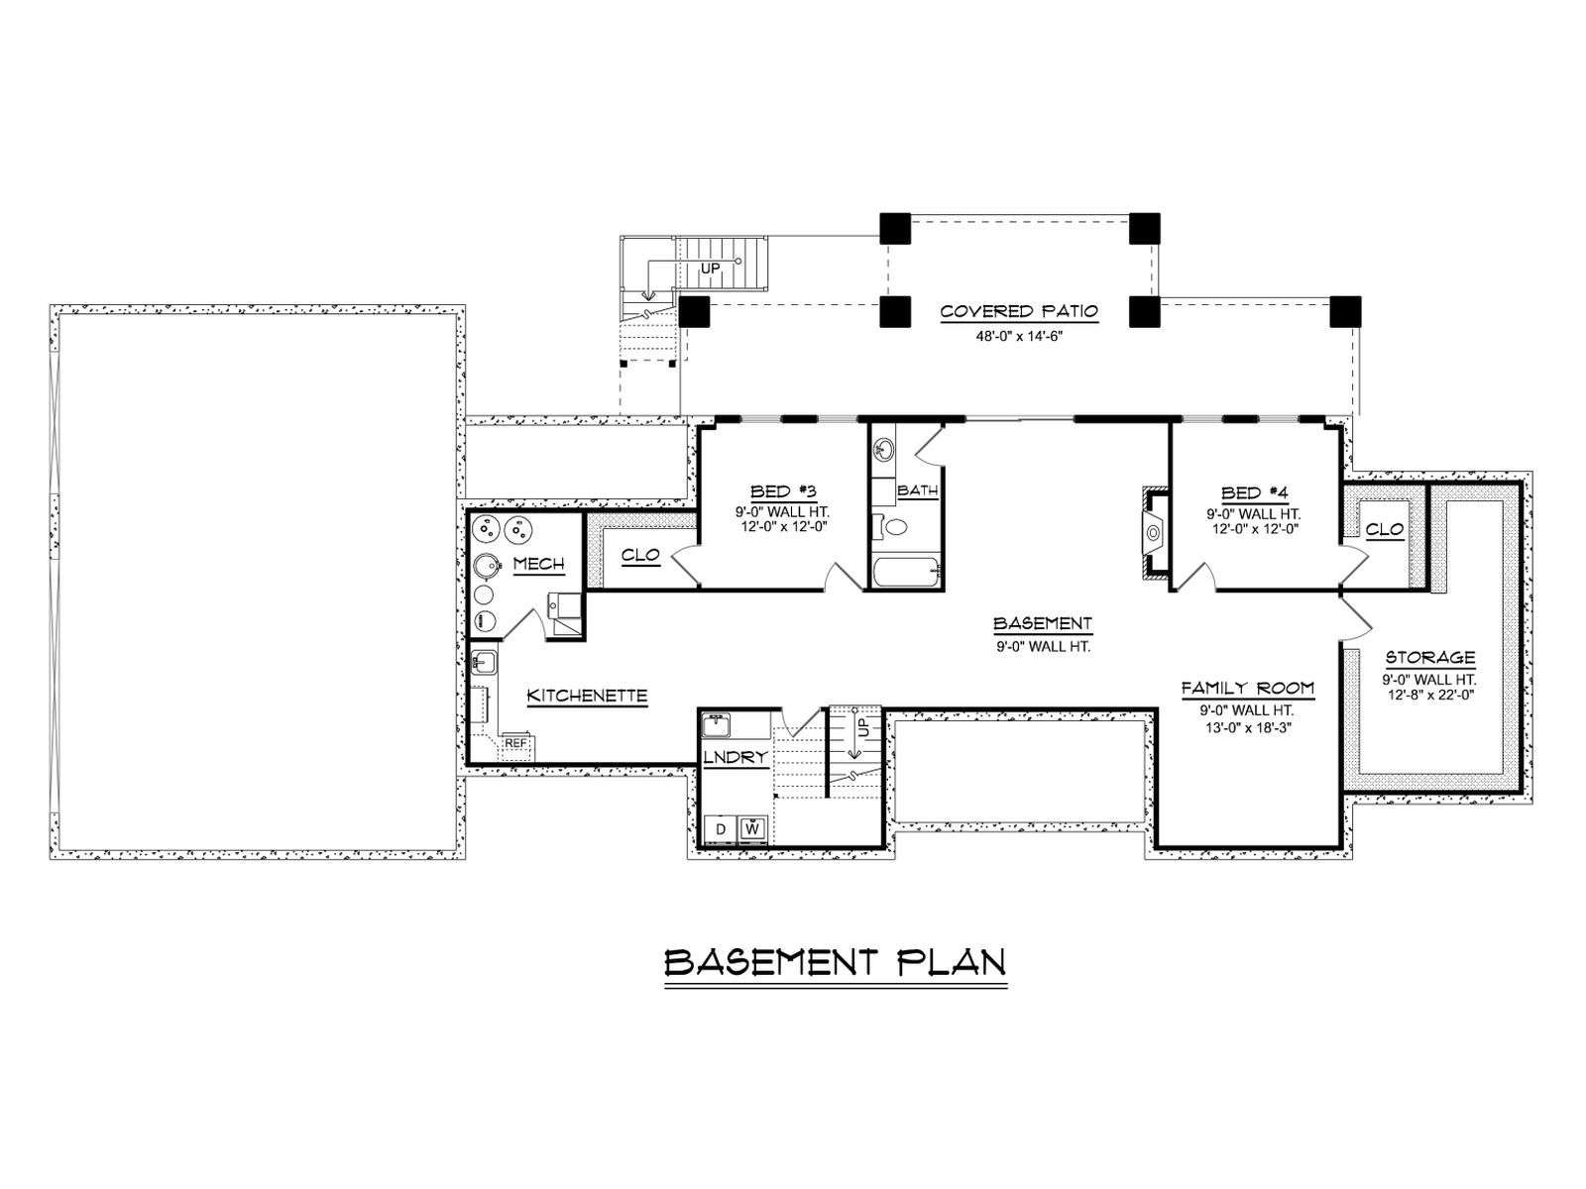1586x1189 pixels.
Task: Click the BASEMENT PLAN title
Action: (836, 962)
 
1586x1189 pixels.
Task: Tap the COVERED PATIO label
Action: (1019, 311)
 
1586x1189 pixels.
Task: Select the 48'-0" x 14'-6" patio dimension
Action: (1019, 336)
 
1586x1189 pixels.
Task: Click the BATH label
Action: (917, 490)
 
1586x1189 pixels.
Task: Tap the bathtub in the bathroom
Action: (907, 573)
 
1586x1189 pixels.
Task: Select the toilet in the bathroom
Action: (891, 526)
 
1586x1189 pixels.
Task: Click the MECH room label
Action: (538, 564)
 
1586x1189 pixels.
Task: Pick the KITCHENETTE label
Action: (587, 696)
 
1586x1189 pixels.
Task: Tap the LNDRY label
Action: (735, 757)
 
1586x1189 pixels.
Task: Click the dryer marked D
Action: (720, 828)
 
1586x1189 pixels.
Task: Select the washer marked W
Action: (752, 828)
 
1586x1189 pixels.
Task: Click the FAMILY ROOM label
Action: (1247, 688)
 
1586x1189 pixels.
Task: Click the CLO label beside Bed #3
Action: (640, 555)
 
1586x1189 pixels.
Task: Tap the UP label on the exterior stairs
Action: (711, 269)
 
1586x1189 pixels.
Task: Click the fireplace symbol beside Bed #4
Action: (1153, 533)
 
